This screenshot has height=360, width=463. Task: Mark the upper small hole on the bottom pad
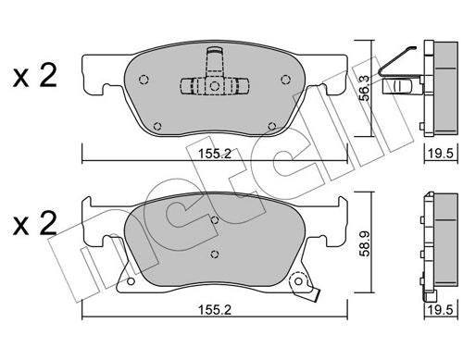[x=214, y=220]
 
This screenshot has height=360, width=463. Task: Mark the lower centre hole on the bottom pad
[x=214, y=253]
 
